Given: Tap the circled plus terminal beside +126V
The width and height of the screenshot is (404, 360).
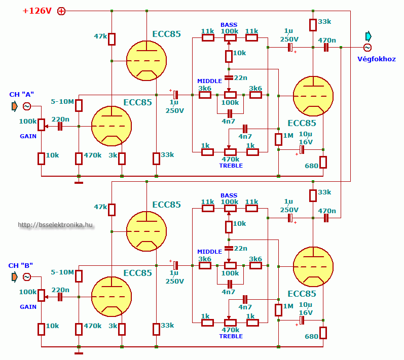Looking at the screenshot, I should [61, 11].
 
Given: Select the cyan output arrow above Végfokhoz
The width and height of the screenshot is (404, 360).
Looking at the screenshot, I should [368, 36].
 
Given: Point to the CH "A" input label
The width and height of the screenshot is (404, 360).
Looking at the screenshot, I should [21, 95].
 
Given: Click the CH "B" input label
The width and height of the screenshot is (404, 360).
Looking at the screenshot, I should [21, 265].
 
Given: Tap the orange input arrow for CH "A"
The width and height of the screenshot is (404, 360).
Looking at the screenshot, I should [14, 106].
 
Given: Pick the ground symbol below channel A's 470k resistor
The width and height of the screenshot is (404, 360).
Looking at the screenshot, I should [79, 181].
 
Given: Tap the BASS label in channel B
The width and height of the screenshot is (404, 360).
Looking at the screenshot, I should [229, 195].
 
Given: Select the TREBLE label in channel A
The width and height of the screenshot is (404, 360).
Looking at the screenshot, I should [231, 166].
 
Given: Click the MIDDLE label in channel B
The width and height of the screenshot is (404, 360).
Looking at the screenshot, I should [209, 252].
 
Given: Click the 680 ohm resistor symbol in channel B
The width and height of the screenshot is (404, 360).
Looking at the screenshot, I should [323, 333].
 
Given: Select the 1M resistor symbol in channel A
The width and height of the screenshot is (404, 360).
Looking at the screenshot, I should [278, 139].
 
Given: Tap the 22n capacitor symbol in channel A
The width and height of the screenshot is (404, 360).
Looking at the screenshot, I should [229, 77].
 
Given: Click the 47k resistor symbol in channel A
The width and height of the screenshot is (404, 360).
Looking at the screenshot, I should [112, 38].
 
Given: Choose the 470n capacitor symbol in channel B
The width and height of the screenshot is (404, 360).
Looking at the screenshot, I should [326, 218].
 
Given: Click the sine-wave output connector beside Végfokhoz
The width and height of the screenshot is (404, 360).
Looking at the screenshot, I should [368, 48].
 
